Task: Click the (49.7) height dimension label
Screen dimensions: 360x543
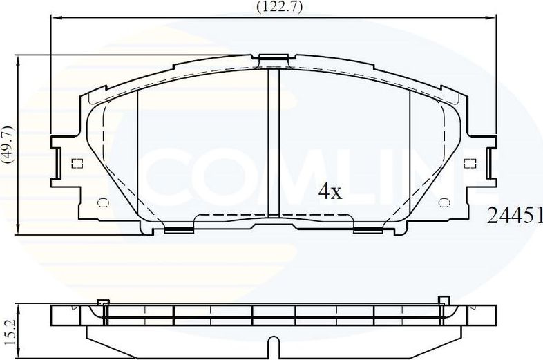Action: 8,144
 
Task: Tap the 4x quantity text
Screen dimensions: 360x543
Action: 330,191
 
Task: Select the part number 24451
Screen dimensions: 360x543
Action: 515,216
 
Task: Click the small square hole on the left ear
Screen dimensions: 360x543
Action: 77,164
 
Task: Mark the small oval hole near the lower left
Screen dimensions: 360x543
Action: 104,202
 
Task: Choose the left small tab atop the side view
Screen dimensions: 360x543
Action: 103,301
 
